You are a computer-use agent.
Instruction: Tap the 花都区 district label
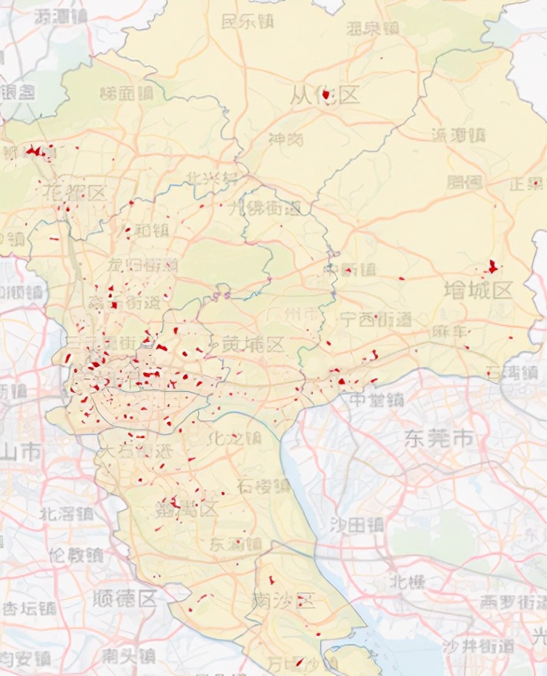75,193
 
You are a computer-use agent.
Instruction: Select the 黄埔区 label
253,344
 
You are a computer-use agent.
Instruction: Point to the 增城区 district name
478,290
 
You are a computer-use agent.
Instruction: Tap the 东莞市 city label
439,438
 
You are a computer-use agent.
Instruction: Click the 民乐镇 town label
248,21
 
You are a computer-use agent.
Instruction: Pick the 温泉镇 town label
373,29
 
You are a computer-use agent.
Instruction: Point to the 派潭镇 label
457,135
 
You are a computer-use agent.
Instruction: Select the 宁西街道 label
374,319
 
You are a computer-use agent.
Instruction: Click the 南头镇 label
130,655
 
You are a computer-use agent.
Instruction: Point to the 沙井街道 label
477,646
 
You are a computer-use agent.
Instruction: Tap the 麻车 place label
451,331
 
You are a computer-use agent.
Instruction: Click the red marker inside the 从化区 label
325,95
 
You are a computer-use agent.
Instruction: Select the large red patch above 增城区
493,266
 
